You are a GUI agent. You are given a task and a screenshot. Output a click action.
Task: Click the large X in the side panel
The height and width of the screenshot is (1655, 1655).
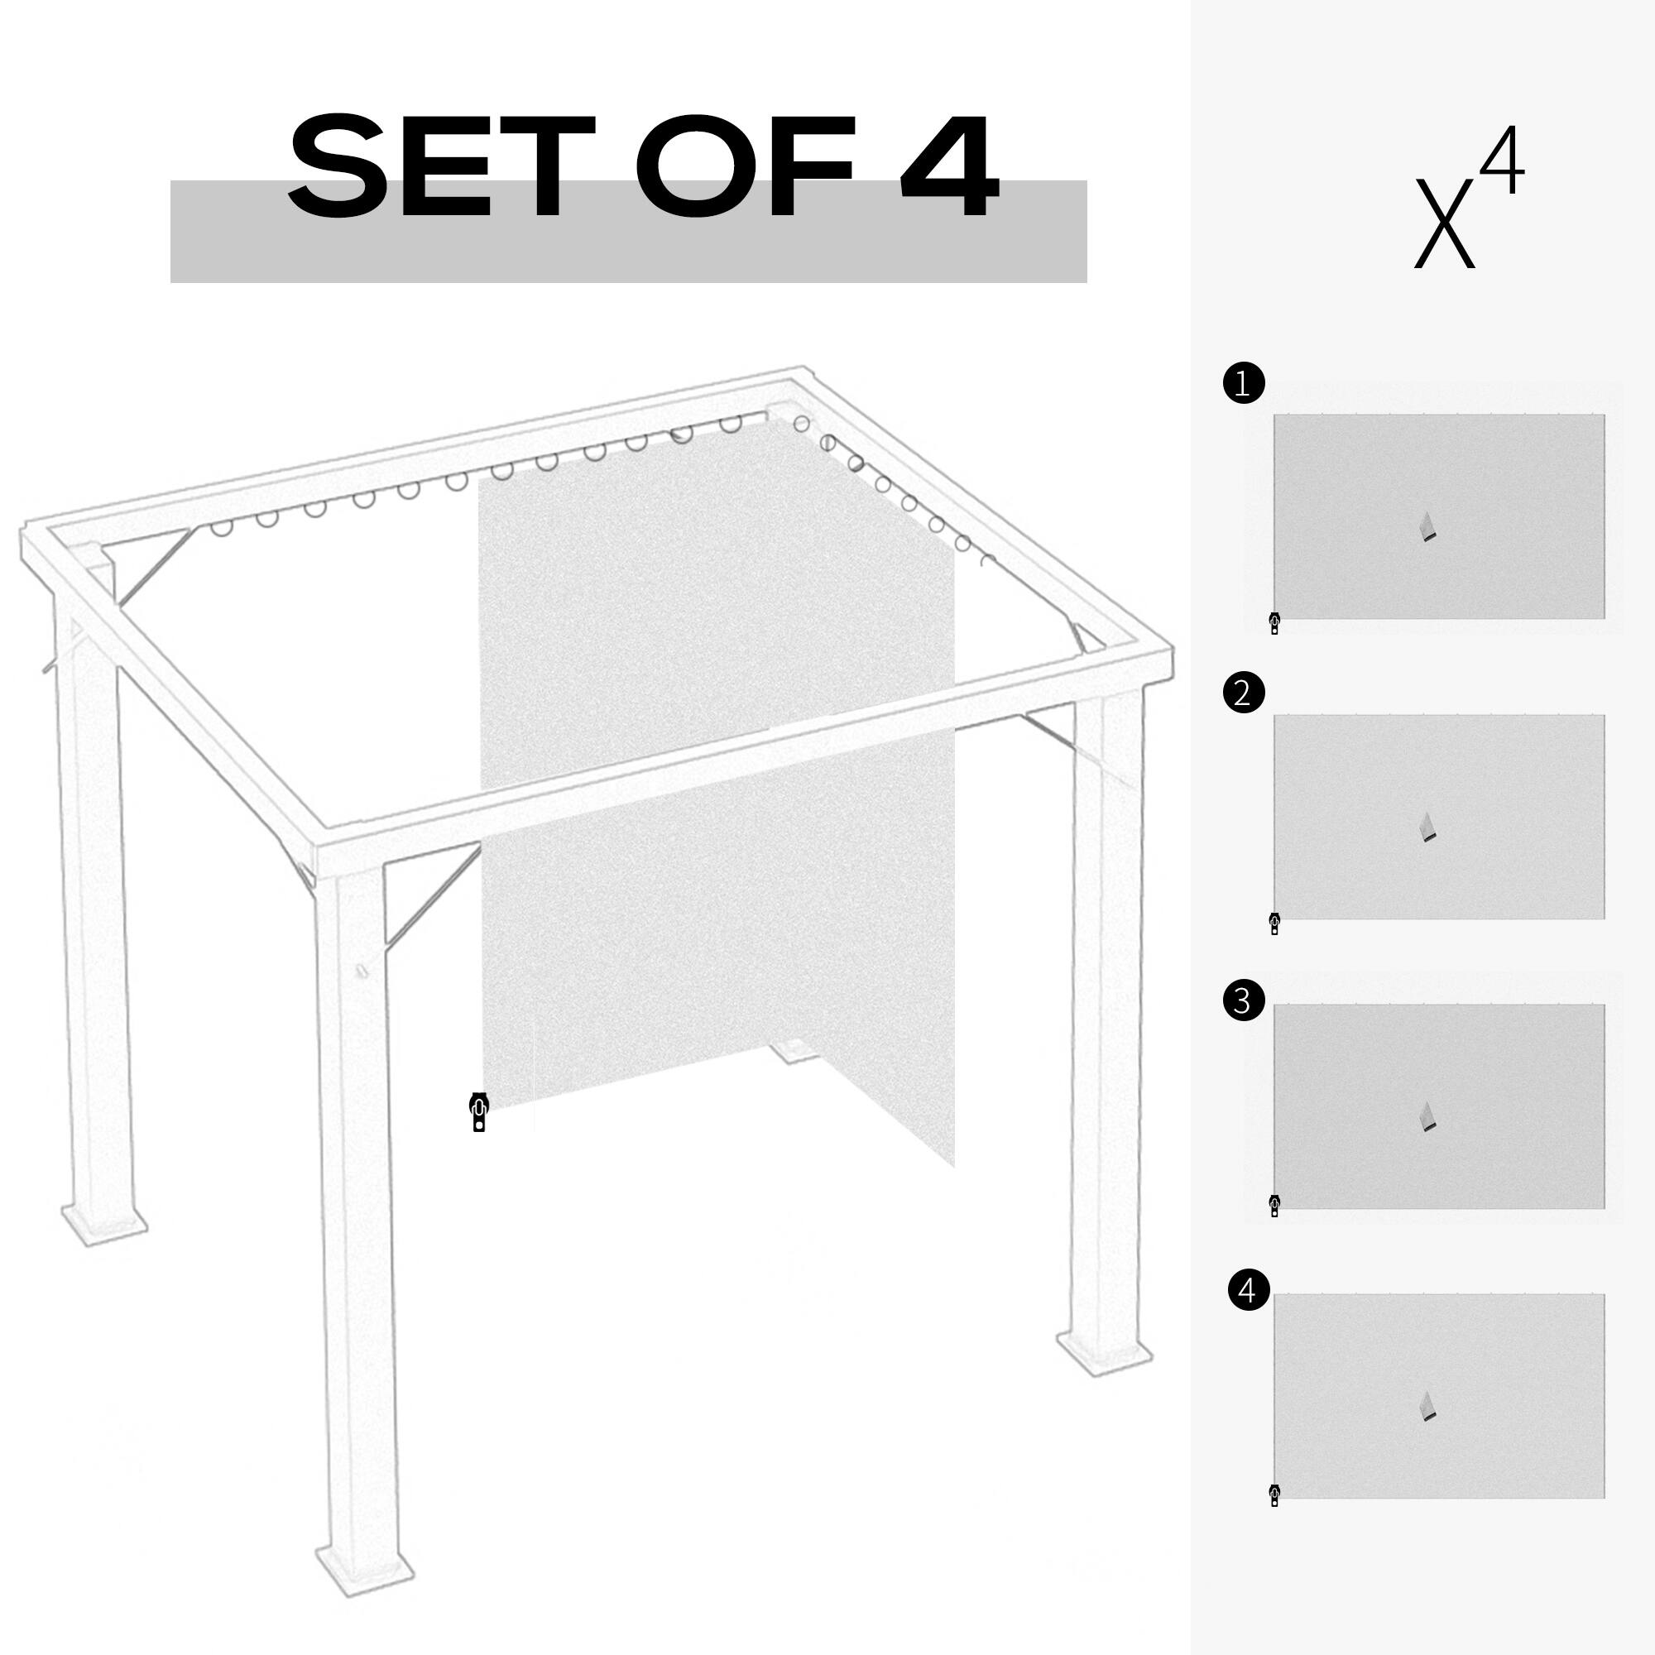pos(1444,223)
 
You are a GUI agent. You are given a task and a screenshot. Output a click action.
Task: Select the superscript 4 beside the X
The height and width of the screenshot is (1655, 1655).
pos(1503,163)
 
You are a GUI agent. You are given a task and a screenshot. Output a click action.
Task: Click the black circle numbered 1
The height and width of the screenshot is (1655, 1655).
pos(1244,383)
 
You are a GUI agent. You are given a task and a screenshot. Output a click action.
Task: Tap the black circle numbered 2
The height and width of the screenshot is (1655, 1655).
pos(1244,691)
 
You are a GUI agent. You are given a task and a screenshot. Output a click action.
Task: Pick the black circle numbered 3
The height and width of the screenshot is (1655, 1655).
pos(1244,1000)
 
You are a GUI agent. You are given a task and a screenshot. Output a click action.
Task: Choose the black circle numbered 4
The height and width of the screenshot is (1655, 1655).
pos(1248,1313)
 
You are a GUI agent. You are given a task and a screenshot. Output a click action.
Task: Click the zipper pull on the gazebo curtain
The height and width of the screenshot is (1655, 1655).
pos(480,1112)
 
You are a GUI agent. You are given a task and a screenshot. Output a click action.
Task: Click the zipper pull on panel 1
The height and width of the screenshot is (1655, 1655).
pos(1274,623)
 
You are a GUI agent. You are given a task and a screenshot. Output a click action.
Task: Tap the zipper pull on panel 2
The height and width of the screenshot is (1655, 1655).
pos(1274,923)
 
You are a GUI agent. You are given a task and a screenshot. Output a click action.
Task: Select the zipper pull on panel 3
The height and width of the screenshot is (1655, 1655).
pos(1274,1206)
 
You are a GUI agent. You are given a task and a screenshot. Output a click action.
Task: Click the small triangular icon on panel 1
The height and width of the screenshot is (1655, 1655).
pos(1427,526)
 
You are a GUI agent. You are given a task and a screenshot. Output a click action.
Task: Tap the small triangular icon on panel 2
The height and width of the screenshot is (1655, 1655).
pos(1427,827)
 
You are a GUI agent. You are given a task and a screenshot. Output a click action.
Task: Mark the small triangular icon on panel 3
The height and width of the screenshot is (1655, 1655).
pos(1427,1116)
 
